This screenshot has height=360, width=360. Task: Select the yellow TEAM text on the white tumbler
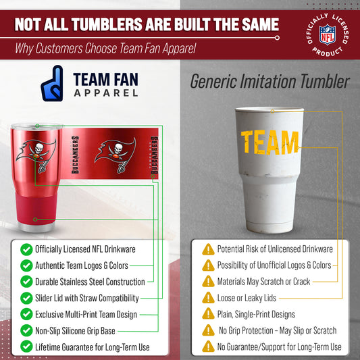270,142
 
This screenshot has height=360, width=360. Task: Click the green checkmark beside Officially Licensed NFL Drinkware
26,249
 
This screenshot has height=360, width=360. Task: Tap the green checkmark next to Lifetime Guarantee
26,347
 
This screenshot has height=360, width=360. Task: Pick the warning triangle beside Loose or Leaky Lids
209,298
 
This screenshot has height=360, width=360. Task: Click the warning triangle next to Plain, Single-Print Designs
209,314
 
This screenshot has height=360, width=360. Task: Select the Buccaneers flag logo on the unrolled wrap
115,151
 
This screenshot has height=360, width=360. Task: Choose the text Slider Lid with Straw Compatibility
87,298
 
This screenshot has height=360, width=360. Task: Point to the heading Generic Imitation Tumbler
269,82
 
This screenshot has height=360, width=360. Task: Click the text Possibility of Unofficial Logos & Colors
274,265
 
